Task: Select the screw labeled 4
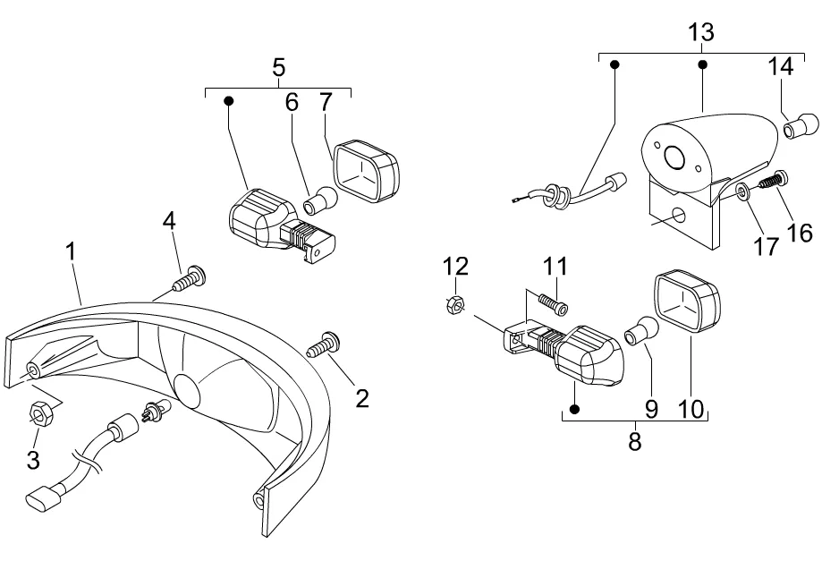[189, 280]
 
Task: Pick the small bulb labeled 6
[319, 201]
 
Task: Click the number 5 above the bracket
[278, 66]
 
